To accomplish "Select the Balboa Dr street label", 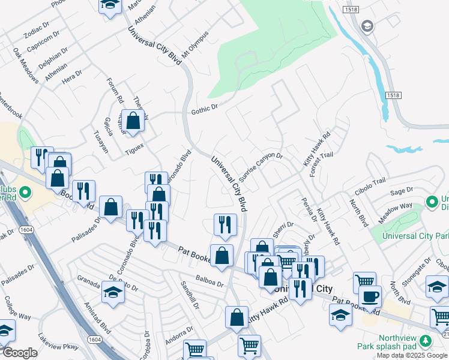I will click(x=210, y=280).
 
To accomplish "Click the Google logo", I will click(x=19, y=353).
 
